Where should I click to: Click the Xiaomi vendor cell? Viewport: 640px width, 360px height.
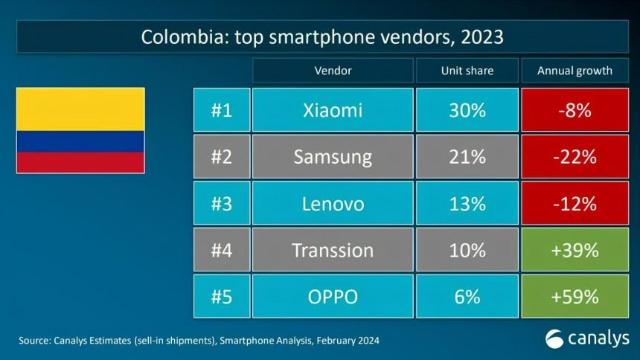click(333, 111)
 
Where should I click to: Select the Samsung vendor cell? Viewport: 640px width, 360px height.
click(333, 157)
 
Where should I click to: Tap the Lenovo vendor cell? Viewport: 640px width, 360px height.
click(333, 203)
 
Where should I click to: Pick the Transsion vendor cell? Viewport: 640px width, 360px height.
click(333, 250)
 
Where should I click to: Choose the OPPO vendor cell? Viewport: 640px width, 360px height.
click(333, 297)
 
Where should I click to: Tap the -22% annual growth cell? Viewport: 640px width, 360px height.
click(575, 157)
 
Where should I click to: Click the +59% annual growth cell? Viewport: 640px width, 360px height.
click(575, 297)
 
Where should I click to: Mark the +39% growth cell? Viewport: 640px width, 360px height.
click(575, 250)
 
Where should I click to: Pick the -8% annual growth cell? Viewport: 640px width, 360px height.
click(575, 111)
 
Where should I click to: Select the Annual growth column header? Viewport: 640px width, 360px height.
click(575, 71)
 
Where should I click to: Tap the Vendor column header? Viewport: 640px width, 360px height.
click(333, 71)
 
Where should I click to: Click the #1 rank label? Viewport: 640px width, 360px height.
click(221, 111)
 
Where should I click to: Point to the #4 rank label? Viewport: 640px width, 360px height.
click(221, 250)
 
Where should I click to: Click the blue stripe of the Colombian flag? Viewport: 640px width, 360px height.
click(80, 141)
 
